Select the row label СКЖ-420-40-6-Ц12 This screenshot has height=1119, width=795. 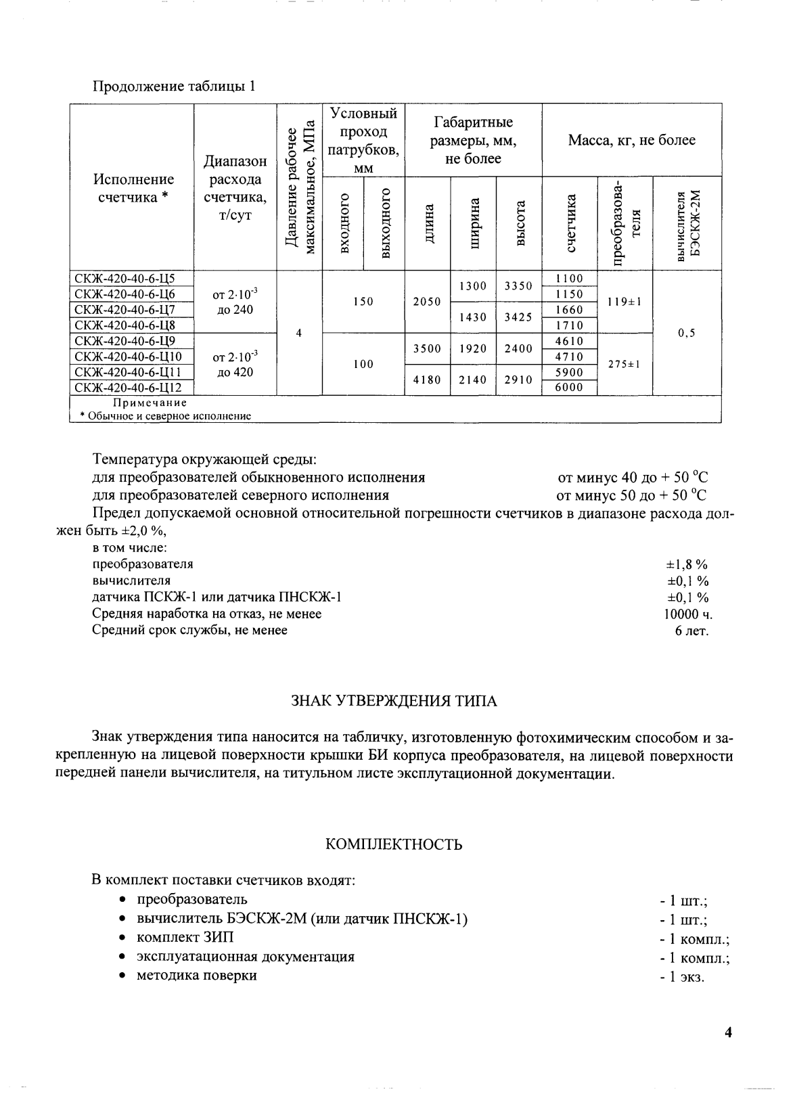[x=127, y=388]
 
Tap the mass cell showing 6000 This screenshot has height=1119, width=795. [x=569, y=388]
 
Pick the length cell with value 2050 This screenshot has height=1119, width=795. [x=427, y=302]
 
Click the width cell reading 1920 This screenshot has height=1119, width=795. [x=473, y=349]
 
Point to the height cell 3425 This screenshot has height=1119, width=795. [x=518, y=317]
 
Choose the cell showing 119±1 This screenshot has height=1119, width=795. [x=624, y=302]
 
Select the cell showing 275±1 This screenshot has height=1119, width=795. [x=624, y=364]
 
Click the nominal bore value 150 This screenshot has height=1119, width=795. [x=363, y=302]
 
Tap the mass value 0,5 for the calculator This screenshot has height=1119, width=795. [x=686, y=333]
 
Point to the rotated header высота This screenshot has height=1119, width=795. [x=520, y=224]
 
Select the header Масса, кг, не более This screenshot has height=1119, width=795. [x=631, y=141]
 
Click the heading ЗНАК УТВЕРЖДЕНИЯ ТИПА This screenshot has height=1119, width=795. [x=394, y=701]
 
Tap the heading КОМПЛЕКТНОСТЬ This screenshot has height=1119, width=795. [x=394, y=844]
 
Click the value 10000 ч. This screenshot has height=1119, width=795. [x=688, y=614]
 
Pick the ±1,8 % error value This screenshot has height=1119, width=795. [x=687, y=564]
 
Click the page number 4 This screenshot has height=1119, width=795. [x=728, y=1033]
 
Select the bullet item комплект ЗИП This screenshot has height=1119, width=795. [x=185, y=938]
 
